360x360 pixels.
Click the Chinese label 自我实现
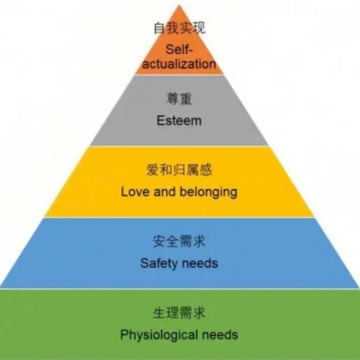pos(179,28)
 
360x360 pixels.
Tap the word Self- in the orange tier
pos(179,49)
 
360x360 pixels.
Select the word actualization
pos(179,64)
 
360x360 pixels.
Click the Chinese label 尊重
pos(179,99)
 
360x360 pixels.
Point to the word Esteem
pos(179,121)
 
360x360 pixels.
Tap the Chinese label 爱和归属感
pos(179,170)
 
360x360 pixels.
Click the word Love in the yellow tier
pos(136,192)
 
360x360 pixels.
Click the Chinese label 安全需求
pos(179,241)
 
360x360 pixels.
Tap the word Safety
pos(159,264)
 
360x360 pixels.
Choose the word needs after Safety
pos(200,264)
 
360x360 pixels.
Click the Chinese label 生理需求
pos(179,312)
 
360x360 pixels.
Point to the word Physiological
pos(159,335)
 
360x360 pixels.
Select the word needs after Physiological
pos(220,335)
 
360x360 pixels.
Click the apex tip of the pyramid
pos(179,4)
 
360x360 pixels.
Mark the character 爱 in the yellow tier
pos(153,170)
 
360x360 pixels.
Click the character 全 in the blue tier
pos(173,241)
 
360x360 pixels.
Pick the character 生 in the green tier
pos(159,312)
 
